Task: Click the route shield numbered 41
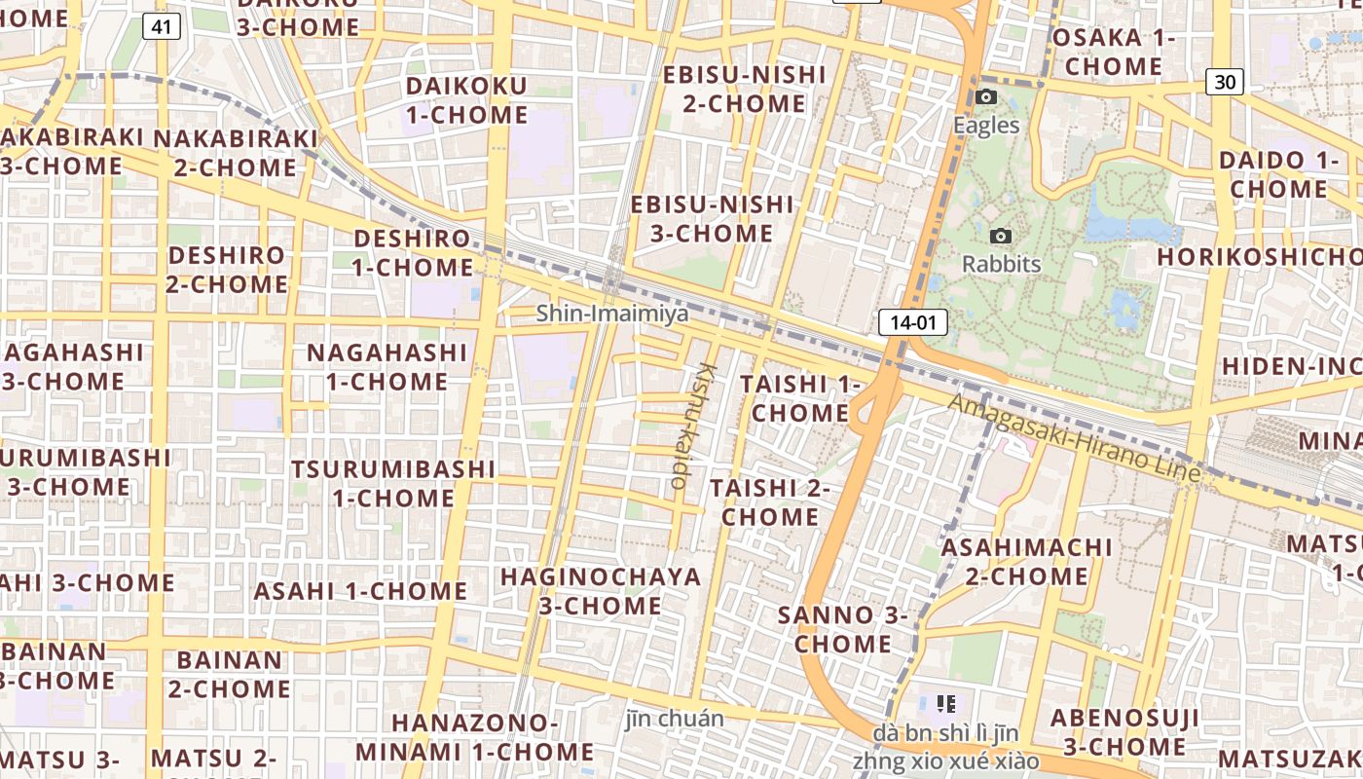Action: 162,26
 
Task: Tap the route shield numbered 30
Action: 1225,82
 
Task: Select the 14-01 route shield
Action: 912,323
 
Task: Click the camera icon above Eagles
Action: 986,97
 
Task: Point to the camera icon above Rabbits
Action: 1000,237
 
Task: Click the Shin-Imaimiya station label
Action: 612,314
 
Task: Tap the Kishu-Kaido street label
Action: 692,425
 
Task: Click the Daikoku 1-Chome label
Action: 466,100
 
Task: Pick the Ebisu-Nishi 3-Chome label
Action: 713,219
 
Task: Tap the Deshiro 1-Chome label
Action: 413,252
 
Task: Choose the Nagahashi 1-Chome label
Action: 387,366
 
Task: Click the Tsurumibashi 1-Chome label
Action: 393,483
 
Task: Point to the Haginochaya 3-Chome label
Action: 601,591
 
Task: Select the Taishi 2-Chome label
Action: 770,501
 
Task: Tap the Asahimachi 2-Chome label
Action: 1027,561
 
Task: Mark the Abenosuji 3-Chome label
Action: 1124,732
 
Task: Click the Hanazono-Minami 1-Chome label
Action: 474,737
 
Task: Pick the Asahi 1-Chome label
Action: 361,591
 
